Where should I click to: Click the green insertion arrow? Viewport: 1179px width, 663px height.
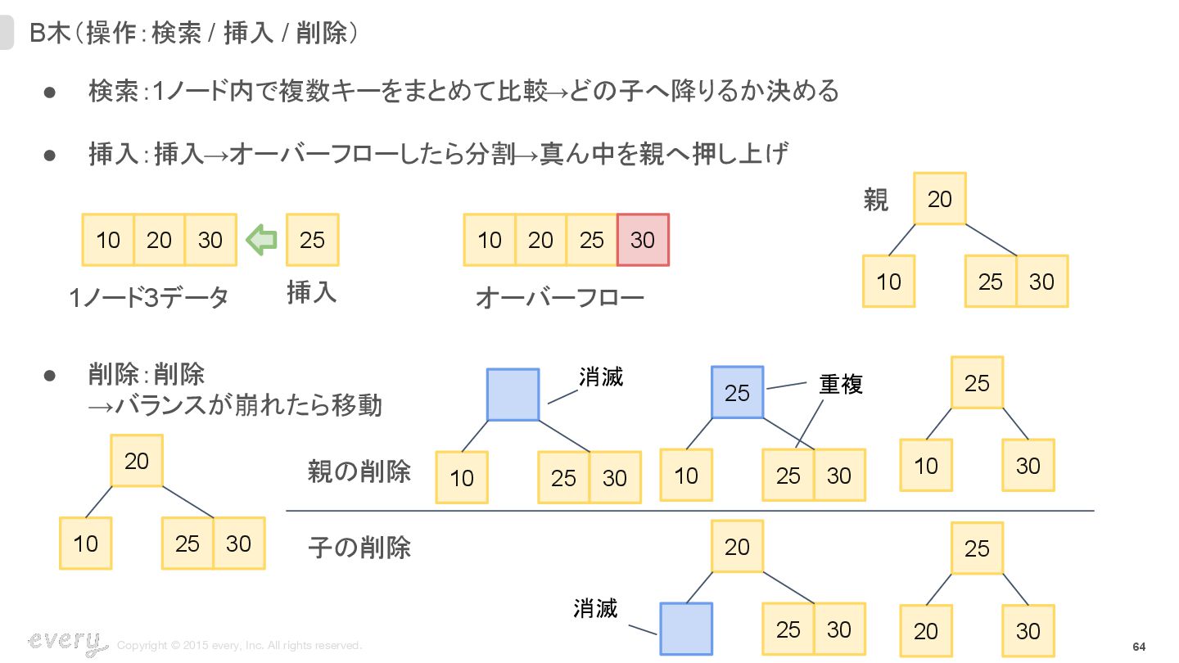(262, 240)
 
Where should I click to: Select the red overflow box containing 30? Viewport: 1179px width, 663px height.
(643, 240)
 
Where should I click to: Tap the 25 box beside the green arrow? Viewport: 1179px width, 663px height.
(312, 240)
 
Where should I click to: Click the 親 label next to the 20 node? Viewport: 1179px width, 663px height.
(876, 199)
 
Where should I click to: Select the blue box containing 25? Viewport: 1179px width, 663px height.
(737, 393)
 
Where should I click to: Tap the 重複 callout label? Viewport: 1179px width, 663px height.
(841, 384)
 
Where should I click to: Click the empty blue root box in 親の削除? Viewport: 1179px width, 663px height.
(513, 395)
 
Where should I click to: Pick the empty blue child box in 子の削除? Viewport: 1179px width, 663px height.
(686, 629)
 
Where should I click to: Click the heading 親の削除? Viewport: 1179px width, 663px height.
(359, 471)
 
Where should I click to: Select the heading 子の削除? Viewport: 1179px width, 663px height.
(359, 547)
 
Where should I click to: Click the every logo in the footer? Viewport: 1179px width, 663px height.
(66, 643)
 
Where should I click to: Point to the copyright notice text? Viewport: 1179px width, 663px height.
(239, 646)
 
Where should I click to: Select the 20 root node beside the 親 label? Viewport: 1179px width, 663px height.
(940, 199)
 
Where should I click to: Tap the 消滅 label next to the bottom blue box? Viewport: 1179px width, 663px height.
(595, 608)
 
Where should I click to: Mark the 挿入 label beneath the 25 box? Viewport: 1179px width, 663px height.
(311, 292)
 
